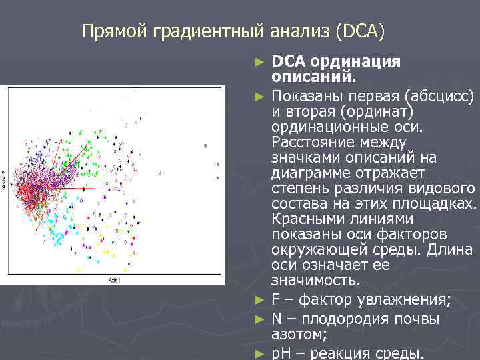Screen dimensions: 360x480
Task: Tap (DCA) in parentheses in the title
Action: [361, 31]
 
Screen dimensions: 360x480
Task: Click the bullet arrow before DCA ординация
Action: [261, 63]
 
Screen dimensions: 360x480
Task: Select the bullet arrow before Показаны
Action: [261, 99]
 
